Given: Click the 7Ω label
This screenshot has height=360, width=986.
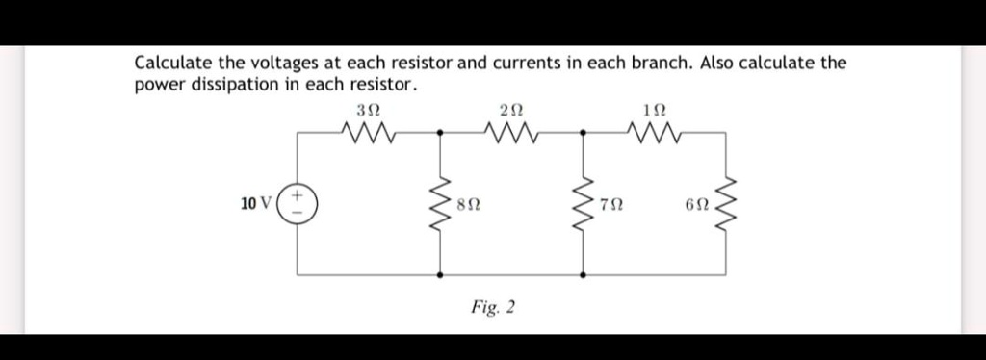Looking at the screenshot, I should click(x=610, y=205).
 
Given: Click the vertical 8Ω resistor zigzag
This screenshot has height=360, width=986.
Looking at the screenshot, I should click(x=442, y=203).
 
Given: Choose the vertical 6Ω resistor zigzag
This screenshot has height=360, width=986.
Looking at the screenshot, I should click(x=728, y=203).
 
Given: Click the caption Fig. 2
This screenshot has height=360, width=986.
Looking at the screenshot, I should click(x=493, y=307).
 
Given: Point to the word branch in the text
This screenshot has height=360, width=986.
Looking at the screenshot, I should click(x=660, y=64).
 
